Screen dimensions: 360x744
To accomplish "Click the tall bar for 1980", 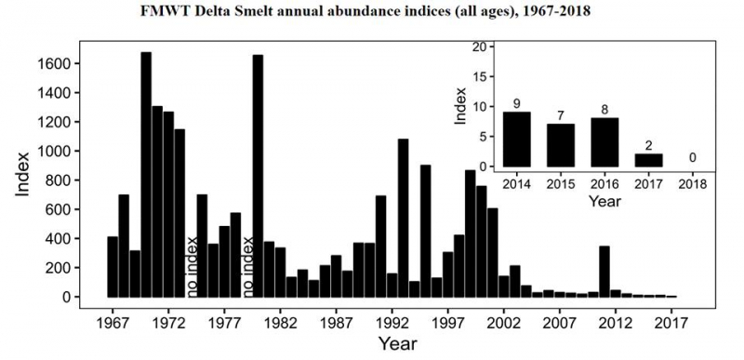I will coord(258,176).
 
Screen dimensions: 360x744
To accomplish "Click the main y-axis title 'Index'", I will coord(25,173).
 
